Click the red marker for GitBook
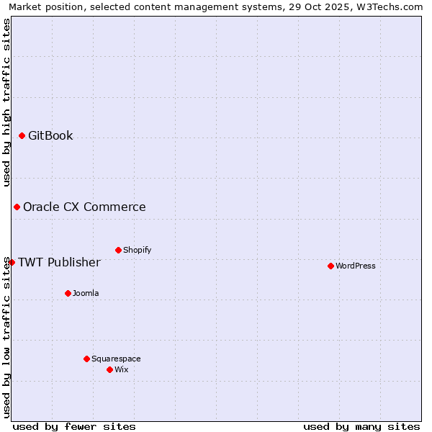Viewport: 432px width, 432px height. tap(22, 135)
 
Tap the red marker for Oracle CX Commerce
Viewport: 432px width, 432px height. tap(17, 207)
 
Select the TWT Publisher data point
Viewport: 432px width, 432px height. tap(12, 262)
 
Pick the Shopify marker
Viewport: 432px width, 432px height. tap(118, 250)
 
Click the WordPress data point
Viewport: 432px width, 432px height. tap(330, 266)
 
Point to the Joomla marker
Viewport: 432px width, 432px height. tap(68, 293)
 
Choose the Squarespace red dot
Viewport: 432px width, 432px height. tap(86, 359)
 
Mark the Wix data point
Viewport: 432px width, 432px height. tap(109, 369)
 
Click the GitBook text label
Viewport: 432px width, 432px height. tap(50, 135)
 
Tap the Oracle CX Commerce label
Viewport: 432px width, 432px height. tap(84, 207)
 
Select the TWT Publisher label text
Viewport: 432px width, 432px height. tap(59, 262)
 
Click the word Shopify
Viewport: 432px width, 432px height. tap(137, 250)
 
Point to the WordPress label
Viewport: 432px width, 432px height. tap(356, 266)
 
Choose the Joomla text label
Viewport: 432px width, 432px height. tap(86, 293)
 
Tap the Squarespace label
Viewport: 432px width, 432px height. tap(116, 359)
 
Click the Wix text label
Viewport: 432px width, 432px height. tap(122, 369)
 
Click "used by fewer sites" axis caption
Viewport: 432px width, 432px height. tap(74, 426)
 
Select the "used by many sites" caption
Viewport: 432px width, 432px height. tap(361, 426)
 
